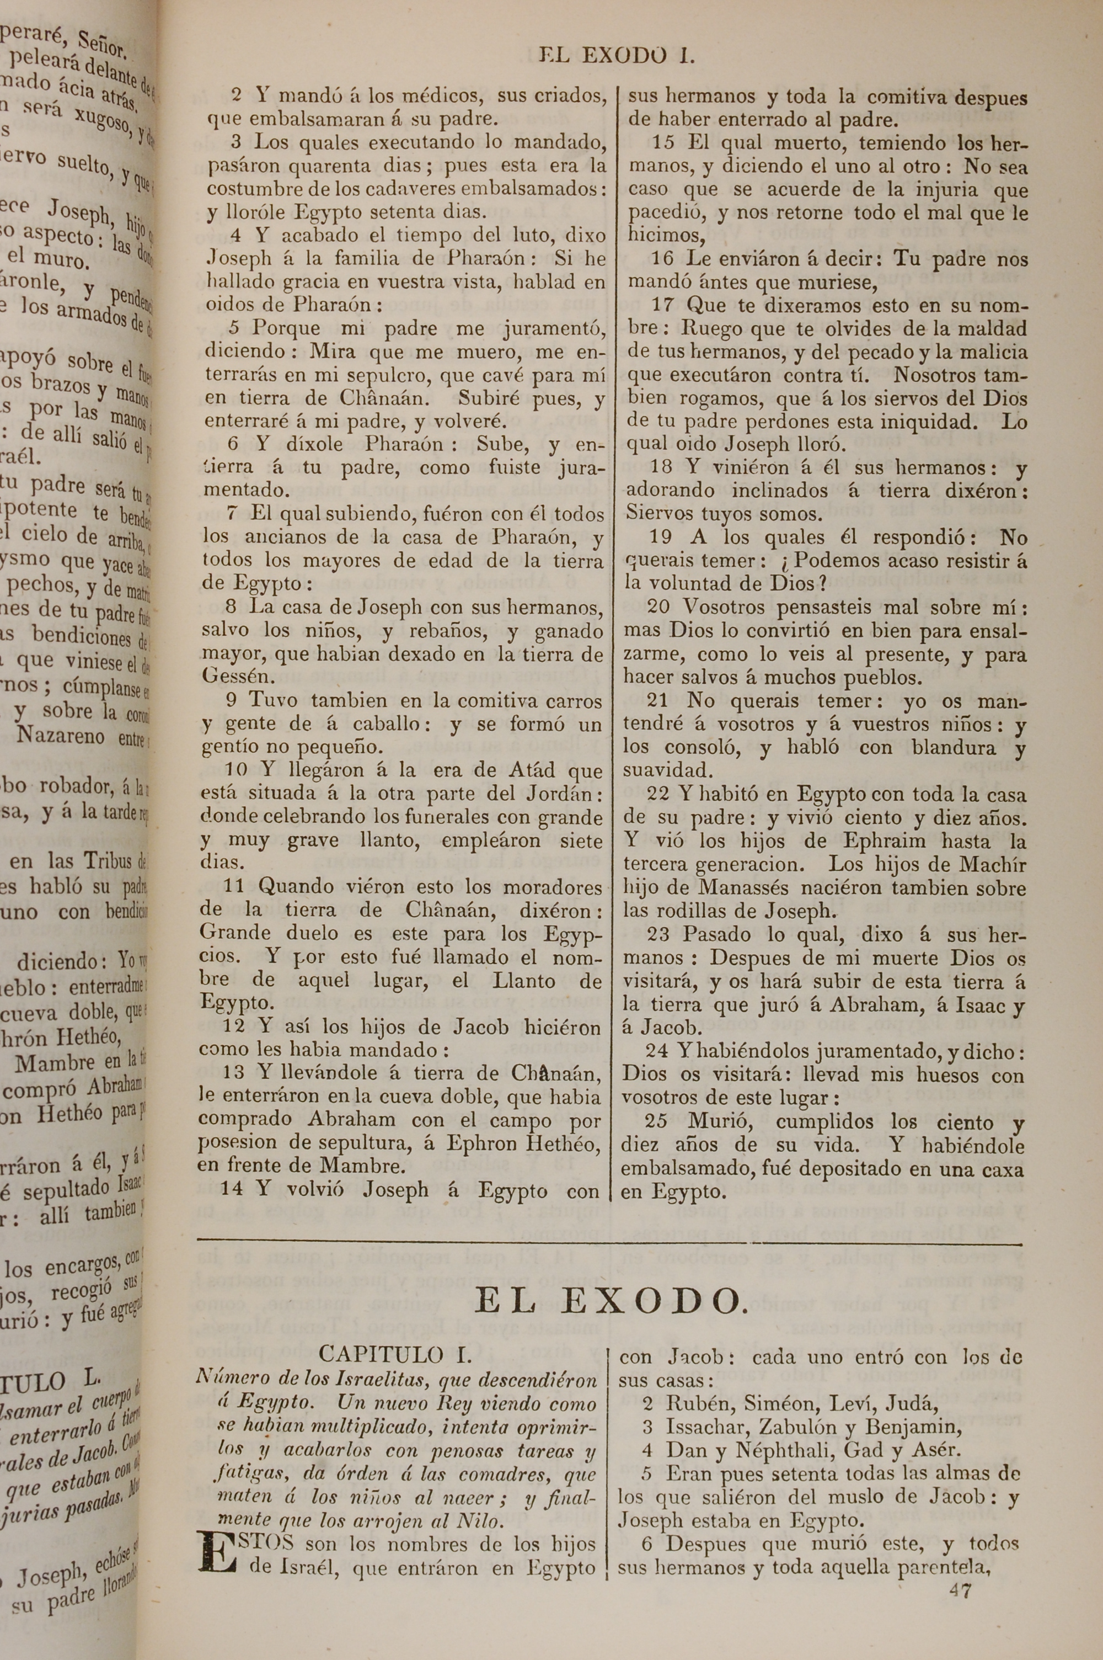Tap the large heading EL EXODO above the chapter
[x=609, y=1302]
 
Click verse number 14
[x=232, y=1189]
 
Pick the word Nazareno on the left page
[x=61, y=736]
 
